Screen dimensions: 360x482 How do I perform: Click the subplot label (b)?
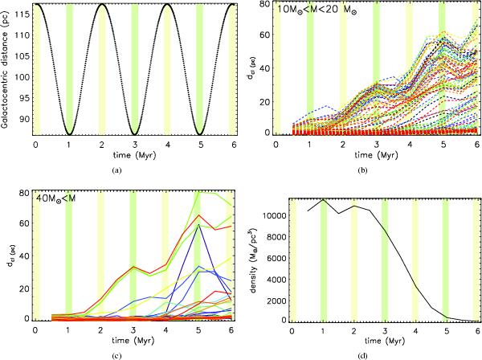click(374, 170)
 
